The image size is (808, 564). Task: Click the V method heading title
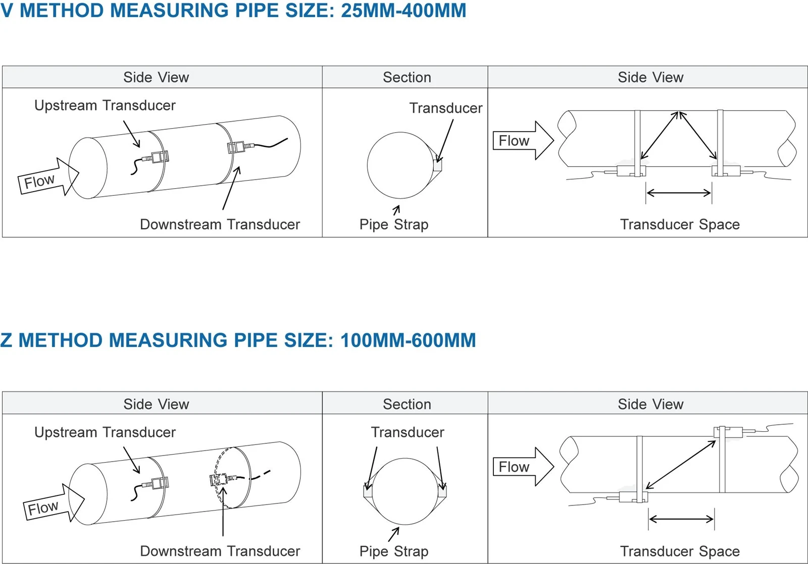[x=233, y=10]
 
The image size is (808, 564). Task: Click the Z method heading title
[x=238, y=340]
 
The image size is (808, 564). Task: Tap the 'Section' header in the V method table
[x=407, y=77]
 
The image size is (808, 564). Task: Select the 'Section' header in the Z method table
[x=407, y=404]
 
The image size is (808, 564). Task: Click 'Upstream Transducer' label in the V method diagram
[x=105, y=105]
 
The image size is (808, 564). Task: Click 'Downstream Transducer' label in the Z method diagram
[x=220, y=551]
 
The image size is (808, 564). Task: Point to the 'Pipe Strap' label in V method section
[x=394, y=224]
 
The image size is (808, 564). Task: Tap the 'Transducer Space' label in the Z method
[x=680, y=551]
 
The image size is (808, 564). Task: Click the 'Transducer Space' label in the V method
[x=680, y=224]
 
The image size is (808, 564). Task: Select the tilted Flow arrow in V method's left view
[x=48, y=177]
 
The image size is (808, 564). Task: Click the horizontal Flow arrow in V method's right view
[x=523, y=141]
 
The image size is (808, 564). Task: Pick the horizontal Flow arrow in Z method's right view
[x=523, y=467]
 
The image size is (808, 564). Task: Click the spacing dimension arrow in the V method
[x=679, y=193]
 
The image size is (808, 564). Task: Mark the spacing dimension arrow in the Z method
[x=681, y=519]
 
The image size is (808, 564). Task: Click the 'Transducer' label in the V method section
[x=446, y=108]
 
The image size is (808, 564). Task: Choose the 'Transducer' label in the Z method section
[x=408, y=432]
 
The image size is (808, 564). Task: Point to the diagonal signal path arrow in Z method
[x=681, y=465]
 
